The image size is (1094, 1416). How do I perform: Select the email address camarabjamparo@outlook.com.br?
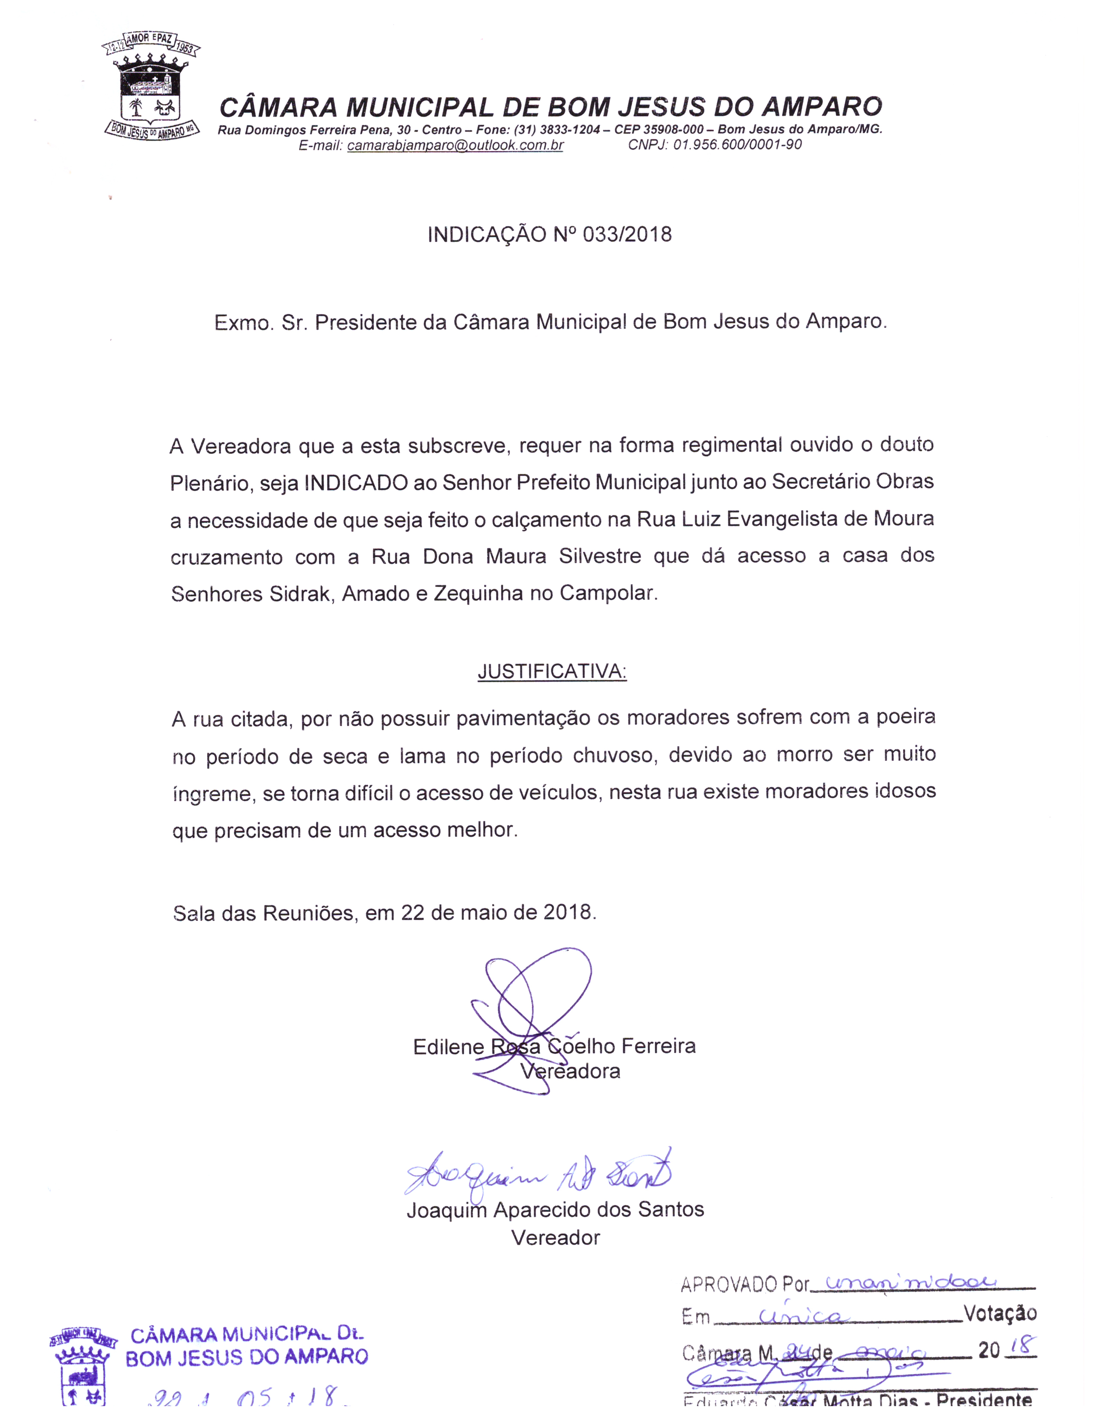tap(455, 145)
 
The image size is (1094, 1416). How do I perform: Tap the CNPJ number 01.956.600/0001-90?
tap(737, 145)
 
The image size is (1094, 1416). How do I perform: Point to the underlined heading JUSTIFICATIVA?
tap(552, 672)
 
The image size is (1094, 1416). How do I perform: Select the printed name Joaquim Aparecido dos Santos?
tap(555, 1210)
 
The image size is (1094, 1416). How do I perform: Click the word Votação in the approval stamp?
tap(1000, 1313)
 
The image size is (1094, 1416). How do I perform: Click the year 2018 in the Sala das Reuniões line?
tap(568, 913)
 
